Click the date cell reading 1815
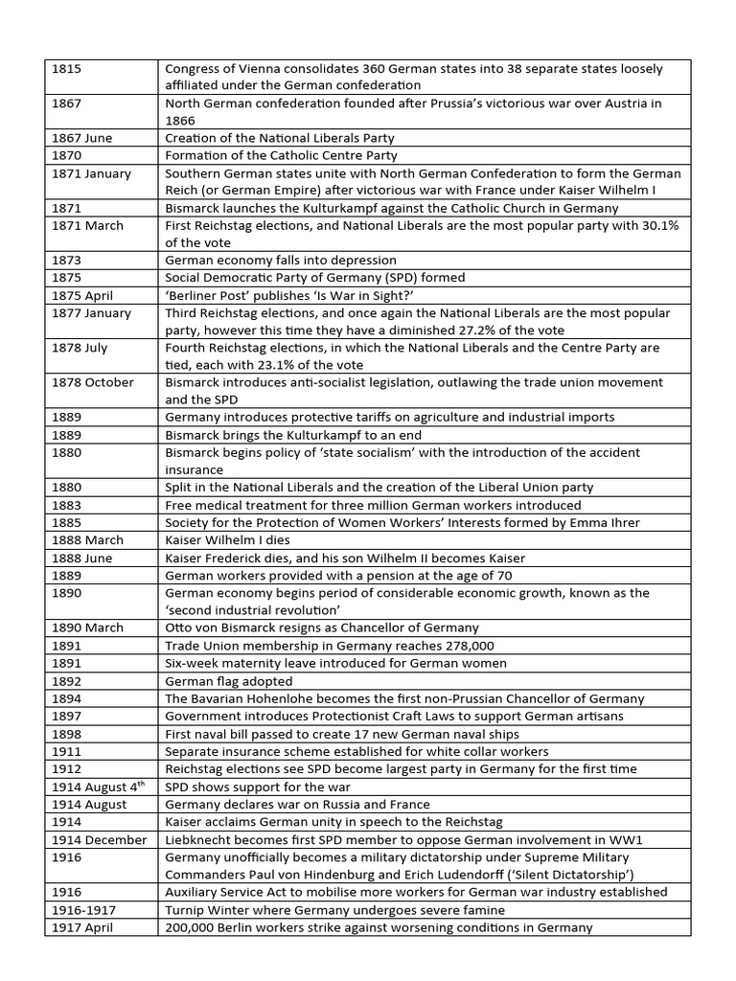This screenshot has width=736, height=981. point(66,69)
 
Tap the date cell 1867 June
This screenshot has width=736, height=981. point(81,138)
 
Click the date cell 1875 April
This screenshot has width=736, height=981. point(82,295)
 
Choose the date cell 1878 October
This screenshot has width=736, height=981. point(91,382)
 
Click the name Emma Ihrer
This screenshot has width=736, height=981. point(610,522)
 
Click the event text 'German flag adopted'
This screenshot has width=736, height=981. point(229,681)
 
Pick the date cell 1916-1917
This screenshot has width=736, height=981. point(81,909)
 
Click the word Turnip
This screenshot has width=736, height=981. point(188,909)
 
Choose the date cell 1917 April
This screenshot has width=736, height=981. point(81,926)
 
